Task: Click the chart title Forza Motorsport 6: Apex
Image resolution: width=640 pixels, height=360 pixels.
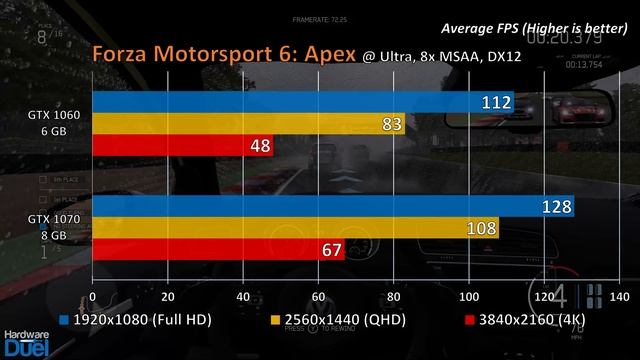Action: (224, 53)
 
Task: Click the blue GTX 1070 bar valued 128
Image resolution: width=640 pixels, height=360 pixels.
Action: (330, 206)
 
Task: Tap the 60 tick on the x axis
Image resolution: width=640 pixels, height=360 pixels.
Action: (318, 297)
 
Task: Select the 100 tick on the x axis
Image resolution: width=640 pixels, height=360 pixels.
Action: (468, 297)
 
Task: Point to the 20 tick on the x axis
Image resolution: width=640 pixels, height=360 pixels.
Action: (168, 297)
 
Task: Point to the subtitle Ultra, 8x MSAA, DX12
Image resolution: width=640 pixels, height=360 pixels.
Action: (449, 55)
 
